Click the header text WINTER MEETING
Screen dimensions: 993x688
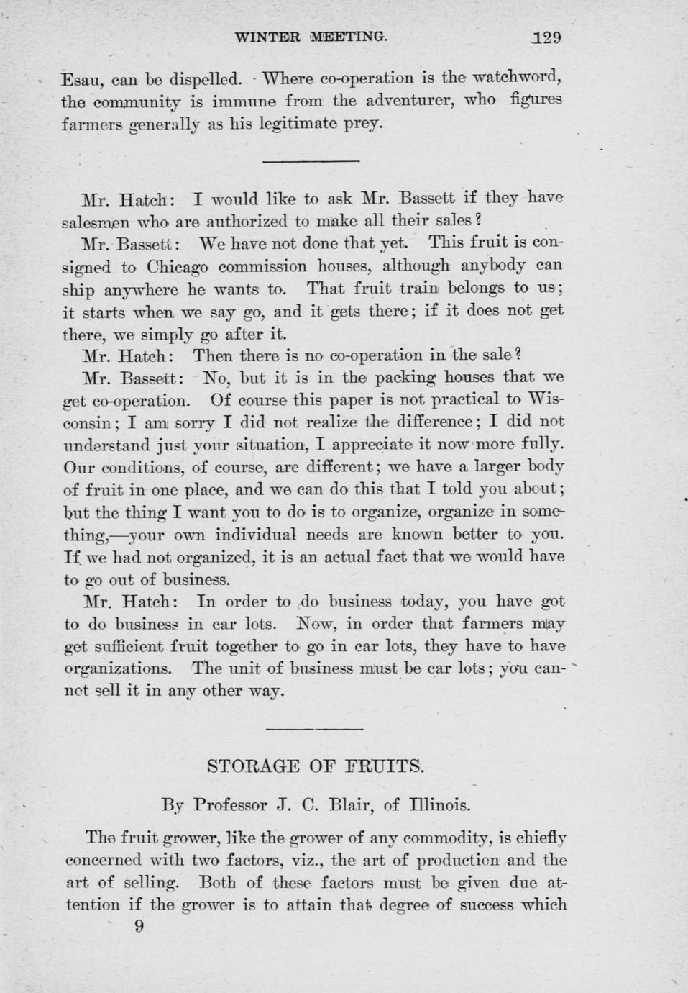pos(311,37)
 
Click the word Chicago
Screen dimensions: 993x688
pos(178,266)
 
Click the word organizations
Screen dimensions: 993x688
pos(118,668)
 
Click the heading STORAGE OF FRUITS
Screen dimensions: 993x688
pos(316,765)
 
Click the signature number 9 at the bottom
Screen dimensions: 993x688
pos(139,927)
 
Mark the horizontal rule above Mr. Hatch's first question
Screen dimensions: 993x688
pos(311,160)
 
